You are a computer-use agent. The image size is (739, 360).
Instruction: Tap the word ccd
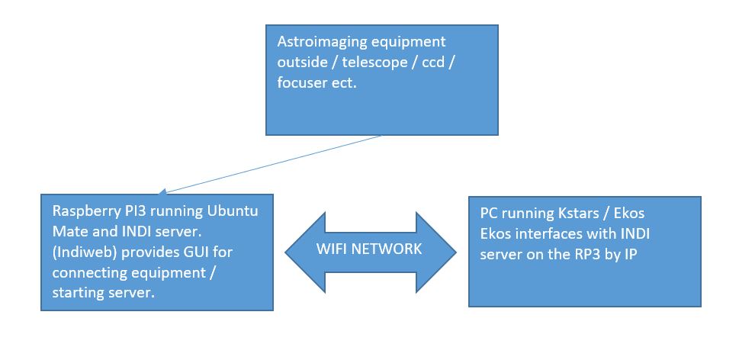tap(433, 62)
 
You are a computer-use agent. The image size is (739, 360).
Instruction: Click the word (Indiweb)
tap(85, 252)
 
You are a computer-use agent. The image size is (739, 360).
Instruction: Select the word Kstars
tap(580, 213)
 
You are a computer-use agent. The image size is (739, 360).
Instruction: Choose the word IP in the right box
tap(631, 254)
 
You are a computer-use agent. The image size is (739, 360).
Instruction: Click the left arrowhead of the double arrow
tap(305, 252)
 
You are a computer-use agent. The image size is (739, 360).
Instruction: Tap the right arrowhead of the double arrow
tap(436, 252)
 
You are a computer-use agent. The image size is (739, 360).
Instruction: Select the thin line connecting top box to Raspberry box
tap(270, 165)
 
